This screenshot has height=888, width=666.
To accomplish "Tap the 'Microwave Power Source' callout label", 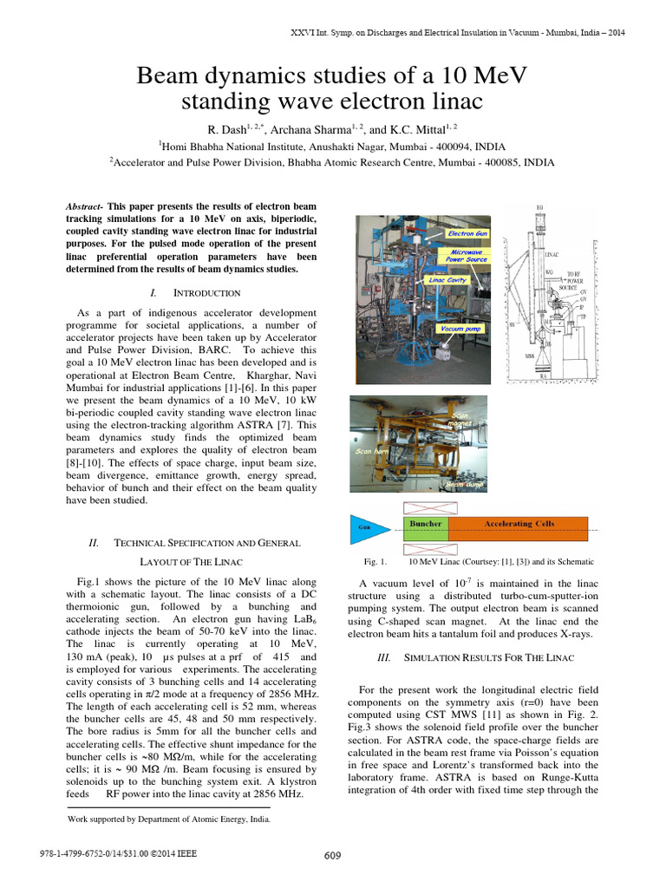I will pyautogui.click(x=467, y=256).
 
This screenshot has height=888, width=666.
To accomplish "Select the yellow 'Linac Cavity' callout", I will pyautogui.click(x=448, y=281).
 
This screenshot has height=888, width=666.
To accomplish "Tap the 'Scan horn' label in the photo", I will pyautogui.click(x=370, y=452).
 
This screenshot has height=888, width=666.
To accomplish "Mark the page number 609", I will pyautogui.click(x=333, y=856).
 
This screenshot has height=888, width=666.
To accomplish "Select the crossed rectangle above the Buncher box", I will pyautogui.click(x=426, y=508).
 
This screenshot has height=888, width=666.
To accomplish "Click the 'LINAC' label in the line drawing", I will pyautogui.click(x=552, y=258).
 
